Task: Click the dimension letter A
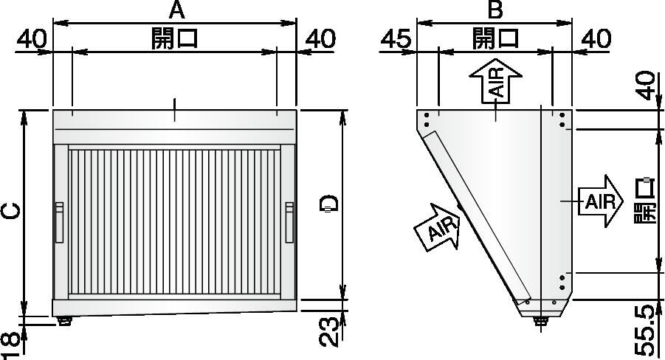[175, 10]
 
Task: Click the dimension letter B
[495, 10]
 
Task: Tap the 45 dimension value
[397, 39]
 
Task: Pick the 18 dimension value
[9, 343]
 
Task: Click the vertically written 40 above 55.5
[646, 86]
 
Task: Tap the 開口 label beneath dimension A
[175, 38]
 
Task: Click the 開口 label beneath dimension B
[495, 38]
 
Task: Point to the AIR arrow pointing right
[602, 201]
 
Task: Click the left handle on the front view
[59, 222]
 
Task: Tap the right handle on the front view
[289, 222]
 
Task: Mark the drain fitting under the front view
[64, 320]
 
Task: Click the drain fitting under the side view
[543, 319]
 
